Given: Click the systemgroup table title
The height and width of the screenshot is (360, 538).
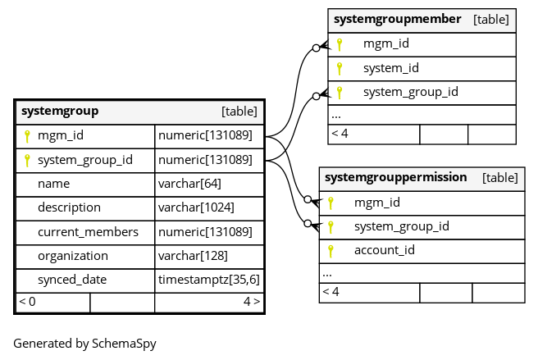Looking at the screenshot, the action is pos(60,112).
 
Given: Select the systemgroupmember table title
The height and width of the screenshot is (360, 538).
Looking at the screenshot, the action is pos(397,19).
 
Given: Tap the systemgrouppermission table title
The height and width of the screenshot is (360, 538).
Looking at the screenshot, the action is pos(395,177).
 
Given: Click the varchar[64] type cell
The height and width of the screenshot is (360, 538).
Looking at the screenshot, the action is pos(189,184).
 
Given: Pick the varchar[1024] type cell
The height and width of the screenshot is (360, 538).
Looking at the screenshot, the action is pos(196,207).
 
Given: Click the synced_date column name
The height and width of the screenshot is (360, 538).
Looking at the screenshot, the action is pos(72,280).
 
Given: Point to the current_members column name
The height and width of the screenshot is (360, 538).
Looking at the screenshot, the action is pos(89,232).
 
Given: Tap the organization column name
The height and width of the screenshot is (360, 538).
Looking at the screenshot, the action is pos(73,256).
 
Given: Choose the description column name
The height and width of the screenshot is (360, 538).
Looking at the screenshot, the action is pos(70,207).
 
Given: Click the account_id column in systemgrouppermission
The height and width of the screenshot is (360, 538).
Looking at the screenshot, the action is pos(385,250).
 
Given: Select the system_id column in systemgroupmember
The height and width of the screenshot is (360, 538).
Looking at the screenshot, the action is pos(391,68).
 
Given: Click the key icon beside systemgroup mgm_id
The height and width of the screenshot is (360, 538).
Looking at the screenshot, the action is pos(27,136).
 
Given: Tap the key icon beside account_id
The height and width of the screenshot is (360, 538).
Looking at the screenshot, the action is pos(331,251).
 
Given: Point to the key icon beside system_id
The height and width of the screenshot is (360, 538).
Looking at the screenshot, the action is pos(340,69).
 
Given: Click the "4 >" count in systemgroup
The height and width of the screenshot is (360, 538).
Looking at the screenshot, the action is pos(252,301).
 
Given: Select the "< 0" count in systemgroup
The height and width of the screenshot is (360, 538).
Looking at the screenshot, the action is pos(27,301).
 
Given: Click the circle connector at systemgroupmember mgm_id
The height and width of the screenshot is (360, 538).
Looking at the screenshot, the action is pos(317,48).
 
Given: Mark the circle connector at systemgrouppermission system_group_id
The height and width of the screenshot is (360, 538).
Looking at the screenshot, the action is pos(308,224).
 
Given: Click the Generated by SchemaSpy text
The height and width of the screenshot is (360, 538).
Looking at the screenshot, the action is pos(84,344).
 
